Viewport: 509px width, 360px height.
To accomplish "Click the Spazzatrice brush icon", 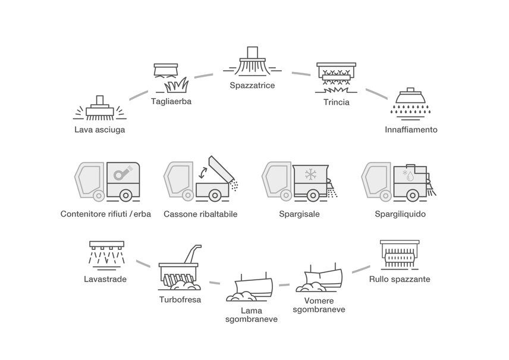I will [252, 63].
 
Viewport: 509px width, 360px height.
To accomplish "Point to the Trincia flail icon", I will [336, 77].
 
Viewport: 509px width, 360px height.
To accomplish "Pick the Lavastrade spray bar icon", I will [106, 252].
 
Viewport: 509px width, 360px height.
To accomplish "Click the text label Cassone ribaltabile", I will [200, 214].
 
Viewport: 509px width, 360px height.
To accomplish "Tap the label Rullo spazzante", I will [399, 278].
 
